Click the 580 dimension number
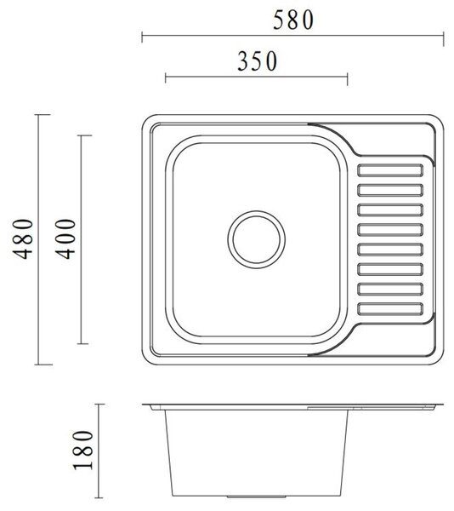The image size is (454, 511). coord(293,20)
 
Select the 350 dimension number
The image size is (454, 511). coord(258,61)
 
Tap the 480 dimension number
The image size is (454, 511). coord(23,238)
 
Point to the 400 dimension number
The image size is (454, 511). coord(65,238)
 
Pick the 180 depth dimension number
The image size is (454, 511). coord(82,451)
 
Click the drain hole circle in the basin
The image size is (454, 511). coord(257,211)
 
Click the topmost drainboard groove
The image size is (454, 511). coord(390,170)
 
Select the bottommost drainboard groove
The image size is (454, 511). coord(390,309)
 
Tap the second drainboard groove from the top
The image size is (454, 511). coord(390,190)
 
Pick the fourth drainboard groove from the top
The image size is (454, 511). coord(390,230)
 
